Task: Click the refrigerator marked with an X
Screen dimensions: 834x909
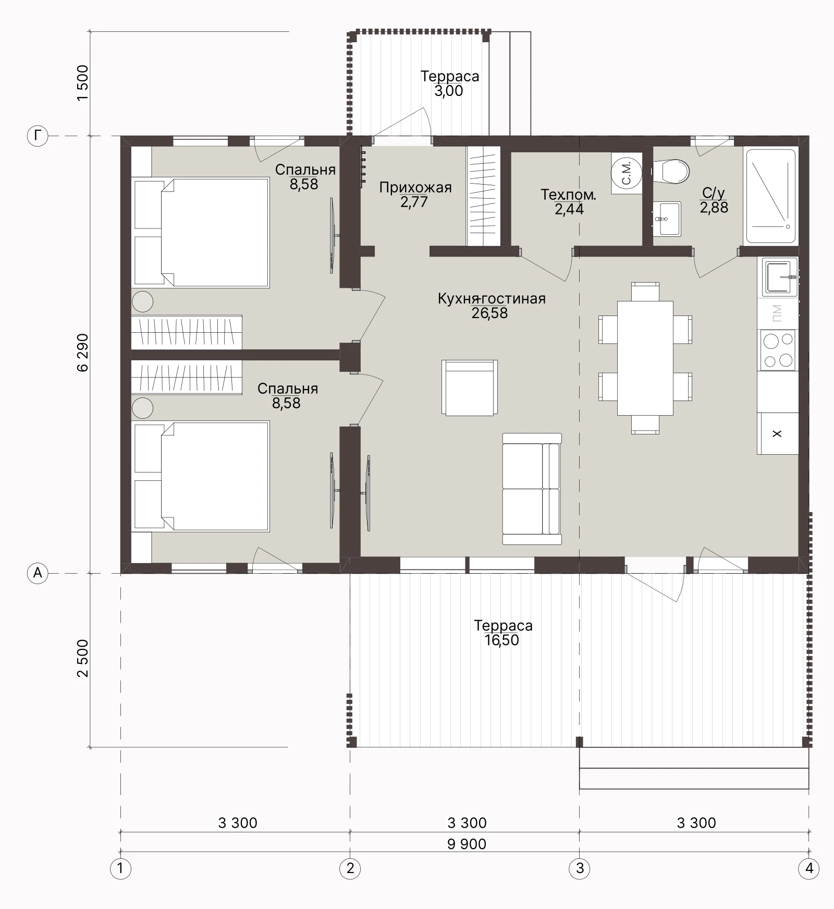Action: [778, 433]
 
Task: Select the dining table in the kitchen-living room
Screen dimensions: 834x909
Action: [645, 358]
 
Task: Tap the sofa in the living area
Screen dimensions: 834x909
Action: [532, 489]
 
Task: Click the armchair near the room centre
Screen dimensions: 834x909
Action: [470, 387]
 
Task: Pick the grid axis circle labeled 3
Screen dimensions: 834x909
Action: [580, 868]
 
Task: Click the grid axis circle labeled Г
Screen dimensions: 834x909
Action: [38, 137]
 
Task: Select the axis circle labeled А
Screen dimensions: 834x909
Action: [38, 573]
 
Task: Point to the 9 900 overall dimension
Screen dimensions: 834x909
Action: [467, 844]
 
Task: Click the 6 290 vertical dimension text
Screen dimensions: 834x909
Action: [82, 352]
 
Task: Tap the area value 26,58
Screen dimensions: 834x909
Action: [489, 313]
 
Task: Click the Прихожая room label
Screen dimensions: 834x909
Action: [415, 187]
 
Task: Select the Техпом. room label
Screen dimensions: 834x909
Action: [569, 195]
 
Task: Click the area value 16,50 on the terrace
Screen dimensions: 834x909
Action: [502, 640]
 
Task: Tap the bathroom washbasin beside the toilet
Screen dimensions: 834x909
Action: [667, 219]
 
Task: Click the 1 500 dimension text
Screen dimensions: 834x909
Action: [82, 83]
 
